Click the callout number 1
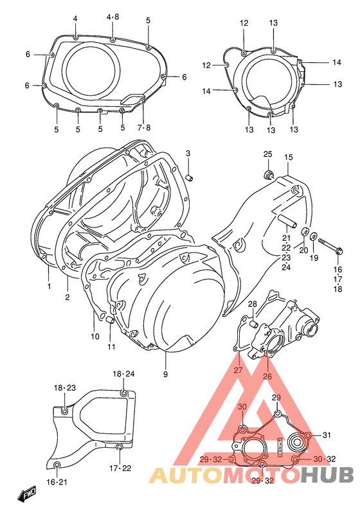48,287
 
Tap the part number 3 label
188,153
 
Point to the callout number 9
165,375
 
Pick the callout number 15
289,157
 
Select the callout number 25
267,154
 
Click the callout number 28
253,304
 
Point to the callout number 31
327,435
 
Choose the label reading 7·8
143,128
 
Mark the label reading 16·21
57,482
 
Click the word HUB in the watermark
328,475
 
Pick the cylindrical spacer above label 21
287,226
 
